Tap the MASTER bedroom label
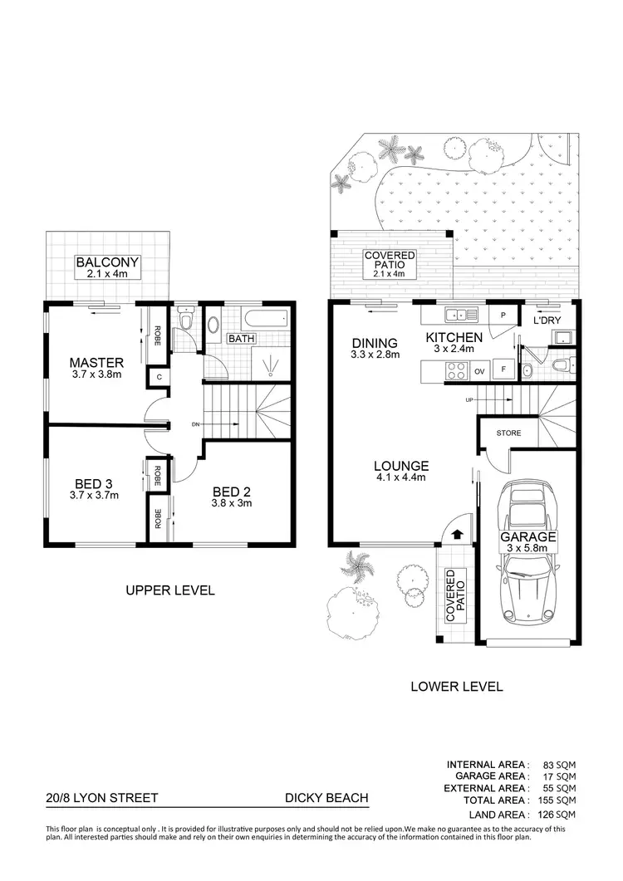96,362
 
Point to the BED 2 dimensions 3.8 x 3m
232,502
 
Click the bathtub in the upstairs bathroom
265,318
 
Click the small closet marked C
158,377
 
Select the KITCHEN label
454,337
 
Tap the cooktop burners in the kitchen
456,371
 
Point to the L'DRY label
550,320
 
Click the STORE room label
508,433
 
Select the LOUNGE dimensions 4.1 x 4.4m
401,477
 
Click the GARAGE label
527,537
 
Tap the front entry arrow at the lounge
457,522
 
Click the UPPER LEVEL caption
170,590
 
